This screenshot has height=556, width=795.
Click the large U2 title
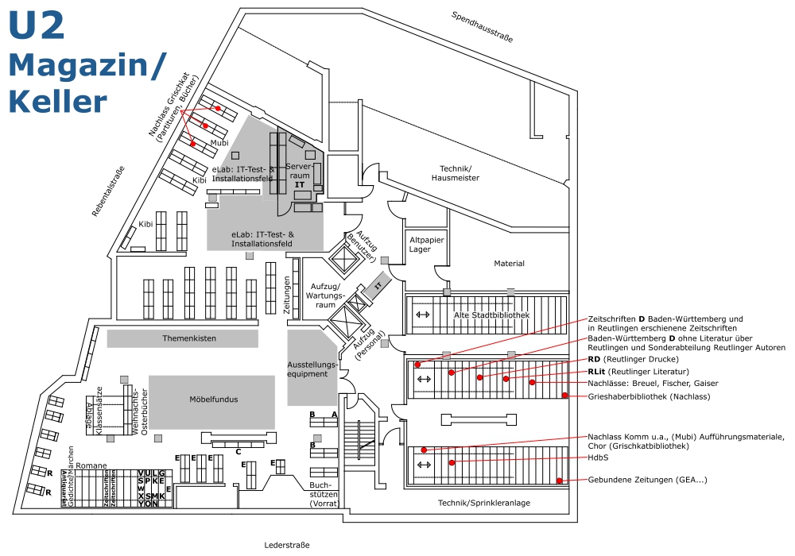[37, 24]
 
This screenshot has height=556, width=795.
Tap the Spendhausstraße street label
[482, 26]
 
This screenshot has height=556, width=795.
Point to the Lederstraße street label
[286, 545]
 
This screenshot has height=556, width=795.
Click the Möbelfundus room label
[212, 399]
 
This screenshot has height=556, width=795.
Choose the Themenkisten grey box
[183, 338]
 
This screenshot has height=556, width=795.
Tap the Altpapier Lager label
[420, 244]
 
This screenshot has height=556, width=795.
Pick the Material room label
[509, 264]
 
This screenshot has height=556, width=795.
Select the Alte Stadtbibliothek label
[491, 315]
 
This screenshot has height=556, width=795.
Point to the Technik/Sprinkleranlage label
[484, 504]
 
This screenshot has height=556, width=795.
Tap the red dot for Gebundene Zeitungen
[560, 480]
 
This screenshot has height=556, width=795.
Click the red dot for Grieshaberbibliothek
[564, 395]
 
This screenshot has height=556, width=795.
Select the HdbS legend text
[598, 458]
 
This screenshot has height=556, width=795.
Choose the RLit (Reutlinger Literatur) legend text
[638, 371]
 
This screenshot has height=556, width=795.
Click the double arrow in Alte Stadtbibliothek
[423, 315]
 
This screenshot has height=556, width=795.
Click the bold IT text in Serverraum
[300, 184]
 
